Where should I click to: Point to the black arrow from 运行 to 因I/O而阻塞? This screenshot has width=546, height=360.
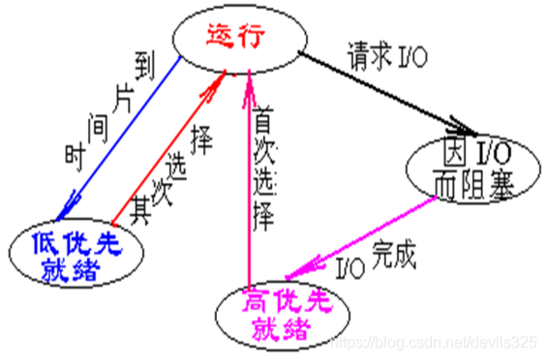[x=387, y=96]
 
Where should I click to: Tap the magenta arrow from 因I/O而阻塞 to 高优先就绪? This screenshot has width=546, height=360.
[x=363, y=233]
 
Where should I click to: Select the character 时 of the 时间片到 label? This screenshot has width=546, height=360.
[x=74, y=152]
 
